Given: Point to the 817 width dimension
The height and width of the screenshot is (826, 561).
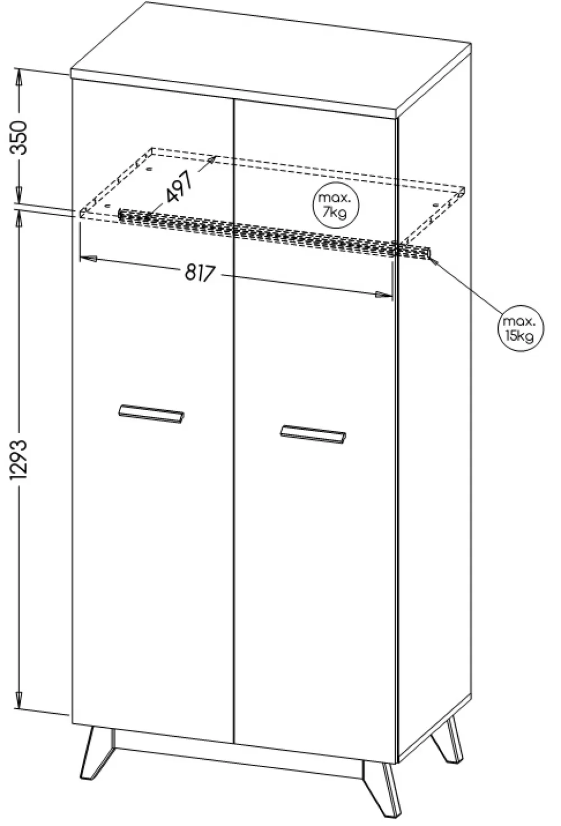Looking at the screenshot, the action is [x=199, y=273].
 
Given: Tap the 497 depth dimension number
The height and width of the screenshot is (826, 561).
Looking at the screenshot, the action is [x=179, y=187].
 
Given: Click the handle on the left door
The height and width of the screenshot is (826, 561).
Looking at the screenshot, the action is [x=151, y=414].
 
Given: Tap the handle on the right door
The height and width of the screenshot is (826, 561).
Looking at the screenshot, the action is [x=313, y=434].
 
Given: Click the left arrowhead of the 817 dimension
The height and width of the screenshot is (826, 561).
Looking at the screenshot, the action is [x=89, y=259].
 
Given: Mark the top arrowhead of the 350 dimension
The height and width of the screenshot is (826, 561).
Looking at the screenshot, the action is [x=19, y=77].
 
